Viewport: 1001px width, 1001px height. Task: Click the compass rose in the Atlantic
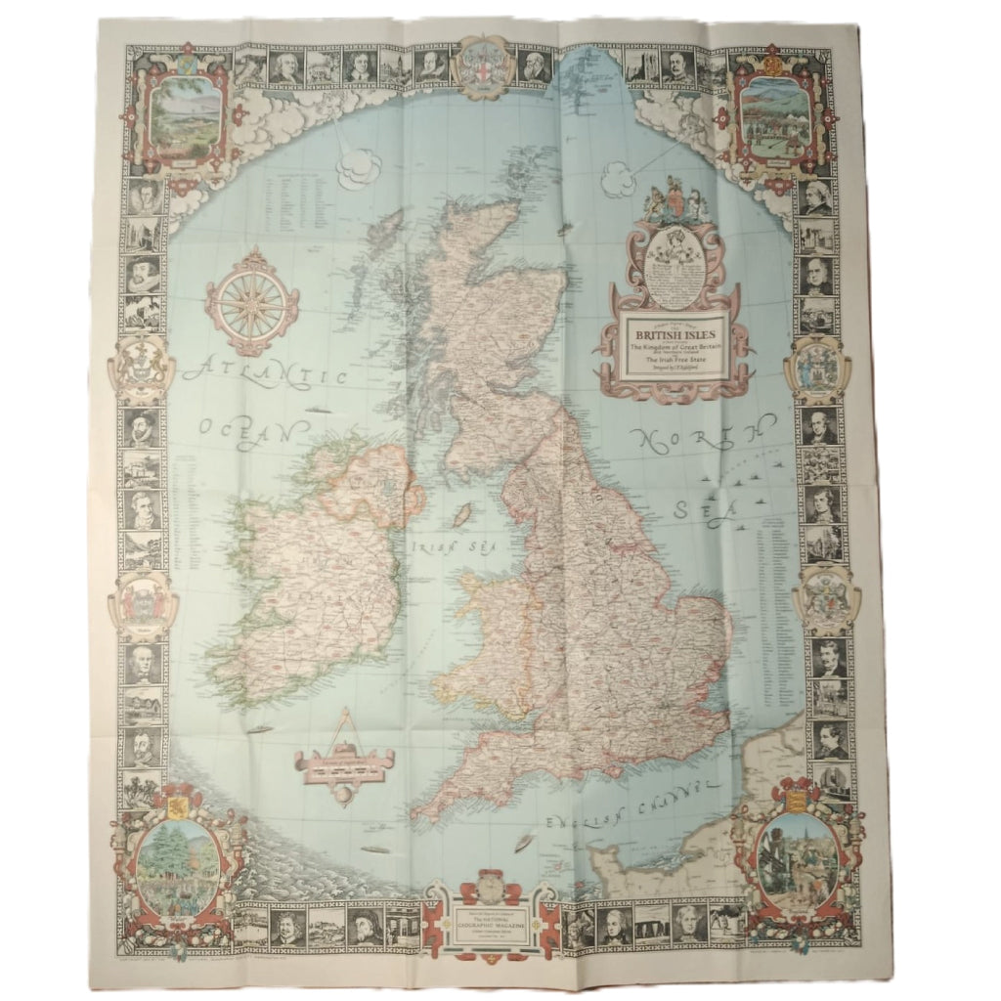coord(252,301)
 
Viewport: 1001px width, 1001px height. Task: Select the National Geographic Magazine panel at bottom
coord(491,920)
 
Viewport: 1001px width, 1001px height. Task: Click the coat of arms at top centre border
coord(482,65)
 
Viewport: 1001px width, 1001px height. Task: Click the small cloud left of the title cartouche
coord(617,179)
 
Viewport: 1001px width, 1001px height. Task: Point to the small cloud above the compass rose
coord(358,167)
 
